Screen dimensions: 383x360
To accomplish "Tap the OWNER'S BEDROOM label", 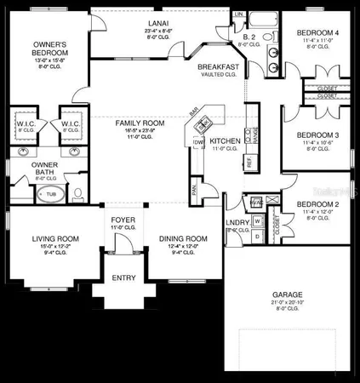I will coord(50,48).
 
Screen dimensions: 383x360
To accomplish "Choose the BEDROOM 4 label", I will coord(319,33).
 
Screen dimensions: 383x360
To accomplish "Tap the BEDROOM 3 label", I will coord(318,134).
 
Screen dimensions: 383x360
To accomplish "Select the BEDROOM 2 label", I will coord(318,204).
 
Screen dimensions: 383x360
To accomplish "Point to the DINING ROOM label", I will coord(184,238).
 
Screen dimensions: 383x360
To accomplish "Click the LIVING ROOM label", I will coord(56,238).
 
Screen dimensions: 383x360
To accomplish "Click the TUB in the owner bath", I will coord(51,194).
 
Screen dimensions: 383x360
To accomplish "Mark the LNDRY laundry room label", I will coord(236,223).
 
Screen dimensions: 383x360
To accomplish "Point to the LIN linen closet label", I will coord(239,15).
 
